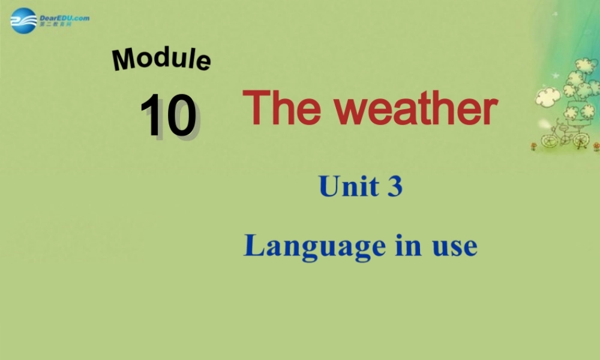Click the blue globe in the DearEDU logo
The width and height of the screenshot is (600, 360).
pyautogui.click(x=23, y=21)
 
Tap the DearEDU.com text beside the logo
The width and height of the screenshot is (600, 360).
pyautogui.click(x=64, y=18)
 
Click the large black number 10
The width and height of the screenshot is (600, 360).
pyautogui.click(x=169, y=115)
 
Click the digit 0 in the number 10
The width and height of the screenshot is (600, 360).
pyautogui.click(x=181, y=115)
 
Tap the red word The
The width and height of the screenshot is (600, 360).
pyautogui.click(x=283, y=109)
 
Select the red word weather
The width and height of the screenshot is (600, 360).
pyautogui.click(x=416, y=109)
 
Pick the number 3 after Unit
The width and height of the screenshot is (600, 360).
pyautogui.click(x=394, y=186)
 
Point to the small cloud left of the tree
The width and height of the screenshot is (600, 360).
pyautogui.click(x=547, y=97)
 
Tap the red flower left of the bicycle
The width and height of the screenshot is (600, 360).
pyautogui.click(x=533, y=146)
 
